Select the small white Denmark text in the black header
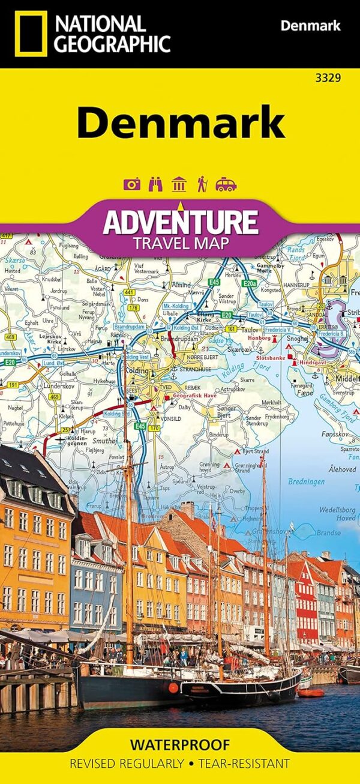coord(310,26)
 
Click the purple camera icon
coord(131,184)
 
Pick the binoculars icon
coord(155,184)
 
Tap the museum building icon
coord(178,184)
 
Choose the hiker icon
coord(202,184)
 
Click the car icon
coord(226,184)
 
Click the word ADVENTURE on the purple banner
coord(180,222)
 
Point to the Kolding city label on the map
coord(136,371)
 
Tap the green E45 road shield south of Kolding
coord(140,426)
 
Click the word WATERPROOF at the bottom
coord(180,745)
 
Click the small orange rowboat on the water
coord(311,692)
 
